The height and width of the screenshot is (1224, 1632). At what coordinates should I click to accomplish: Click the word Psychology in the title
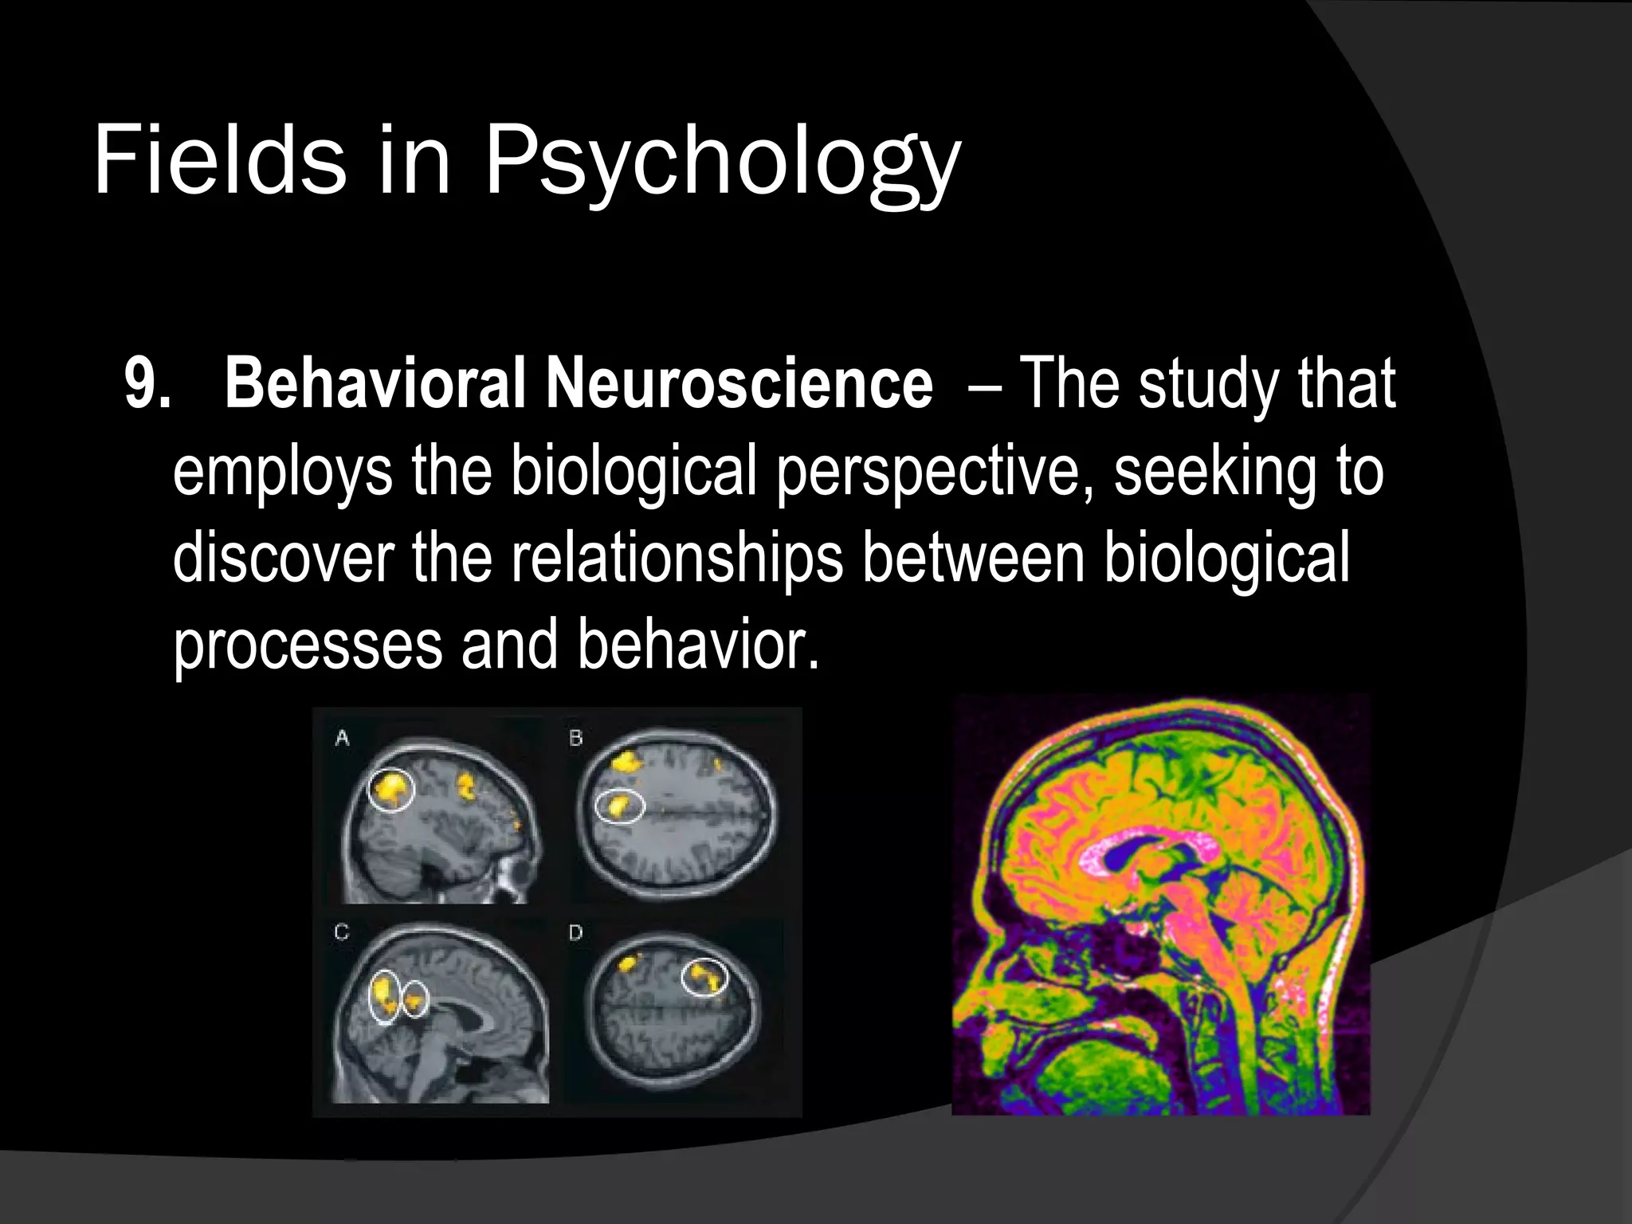point(721,163)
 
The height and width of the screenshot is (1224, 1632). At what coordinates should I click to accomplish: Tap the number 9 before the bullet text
point(143,384)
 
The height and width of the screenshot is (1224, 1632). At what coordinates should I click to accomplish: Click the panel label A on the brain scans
point(342,739)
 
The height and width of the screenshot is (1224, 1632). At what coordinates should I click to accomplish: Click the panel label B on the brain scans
point(576,739)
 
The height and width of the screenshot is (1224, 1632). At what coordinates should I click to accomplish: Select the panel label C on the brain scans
point(342,932)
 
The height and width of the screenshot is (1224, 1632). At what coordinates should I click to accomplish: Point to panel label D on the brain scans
point(576,932)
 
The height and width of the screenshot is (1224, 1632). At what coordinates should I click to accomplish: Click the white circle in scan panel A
point(391,790)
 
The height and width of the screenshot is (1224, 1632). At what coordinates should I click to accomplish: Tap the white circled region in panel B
point(620,806)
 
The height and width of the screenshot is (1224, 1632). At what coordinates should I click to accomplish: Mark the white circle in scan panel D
point(704,978)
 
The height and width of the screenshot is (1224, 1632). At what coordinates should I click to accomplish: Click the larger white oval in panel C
point(385,995)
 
